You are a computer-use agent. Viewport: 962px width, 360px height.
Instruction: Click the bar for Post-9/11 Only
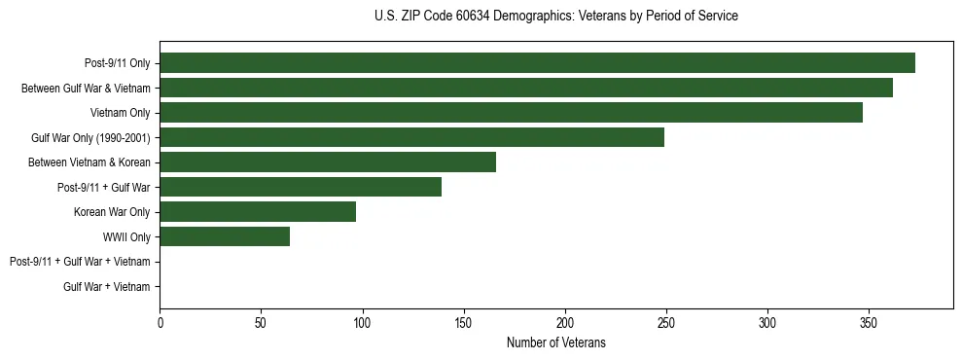point(537,63)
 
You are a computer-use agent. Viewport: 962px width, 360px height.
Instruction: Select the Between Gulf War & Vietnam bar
point(526,89)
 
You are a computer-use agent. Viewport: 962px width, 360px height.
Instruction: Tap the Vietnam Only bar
point(511,113)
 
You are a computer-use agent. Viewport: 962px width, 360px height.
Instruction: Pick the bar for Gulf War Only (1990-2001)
point(411,137)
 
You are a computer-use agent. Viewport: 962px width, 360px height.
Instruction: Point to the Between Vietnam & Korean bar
point(328,162)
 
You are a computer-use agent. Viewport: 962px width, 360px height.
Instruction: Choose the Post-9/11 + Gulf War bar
point(301,187)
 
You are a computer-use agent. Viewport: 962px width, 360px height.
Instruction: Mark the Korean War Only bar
point(258,211)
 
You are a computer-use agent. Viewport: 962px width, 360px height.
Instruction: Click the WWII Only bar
point(225,236)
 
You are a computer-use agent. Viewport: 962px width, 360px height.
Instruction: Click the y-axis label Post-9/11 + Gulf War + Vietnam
point(80,262)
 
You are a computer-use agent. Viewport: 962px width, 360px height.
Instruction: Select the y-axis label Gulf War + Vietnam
point(107,287)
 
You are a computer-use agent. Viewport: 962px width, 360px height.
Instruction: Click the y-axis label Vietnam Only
point(122,114)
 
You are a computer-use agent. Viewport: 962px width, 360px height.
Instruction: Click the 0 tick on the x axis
point(160,322)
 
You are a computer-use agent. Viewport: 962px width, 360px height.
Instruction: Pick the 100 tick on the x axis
point(362,322)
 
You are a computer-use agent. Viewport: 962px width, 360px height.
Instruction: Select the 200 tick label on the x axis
point(565,322)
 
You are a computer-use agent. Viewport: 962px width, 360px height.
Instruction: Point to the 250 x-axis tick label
point(666,322)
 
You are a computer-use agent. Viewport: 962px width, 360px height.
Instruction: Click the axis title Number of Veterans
point(555,342)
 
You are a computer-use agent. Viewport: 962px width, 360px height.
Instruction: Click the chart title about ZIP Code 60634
point(555,17)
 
